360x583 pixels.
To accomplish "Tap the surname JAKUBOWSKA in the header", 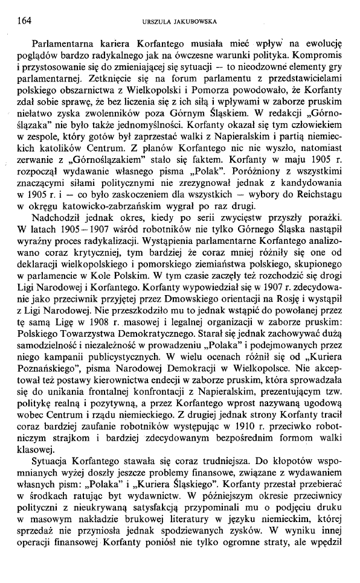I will tap(194, 22).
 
